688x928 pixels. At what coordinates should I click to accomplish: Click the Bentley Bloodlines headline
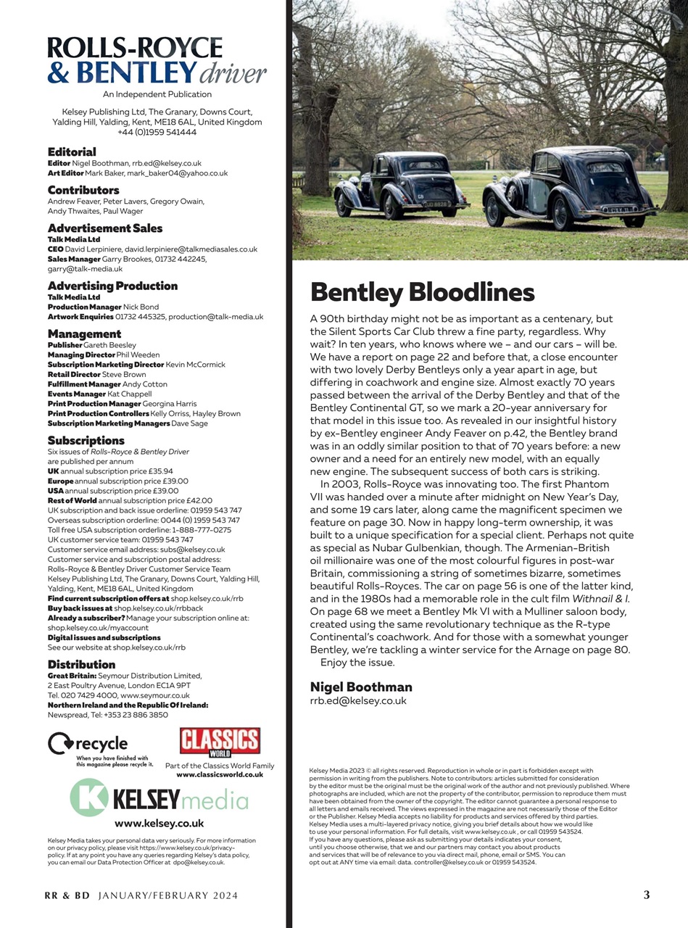pyautogui.click(x=422, y=292)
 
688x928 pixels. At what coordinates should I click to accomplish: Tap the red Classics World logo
pyautogui.click(x=220, y=743)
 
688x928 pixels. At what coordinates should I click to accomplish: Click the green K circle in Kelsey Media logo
pyautogui.click(x=88, y=797)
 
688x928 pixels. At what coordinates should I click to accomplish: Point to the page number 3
pyautogui.click(x=646, y=895)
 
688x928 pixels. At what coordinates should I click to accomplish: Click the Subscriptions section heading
pyautogui.click(x=86, y=440)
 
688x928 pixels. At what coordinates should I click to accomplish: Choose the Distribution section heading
pyautogui.click(x=81, y=664)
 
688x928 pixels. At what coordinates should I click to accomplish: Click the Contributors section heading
pyautogui.click(x=83, y=190)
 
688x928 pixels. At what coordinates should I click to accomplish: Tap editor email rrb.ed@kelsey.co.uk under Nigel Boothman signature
pyautogui.click(x=358, y=701)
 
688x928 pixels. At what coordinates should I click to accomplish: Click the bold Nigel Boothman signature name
pyautogui.click(x=361, y=687)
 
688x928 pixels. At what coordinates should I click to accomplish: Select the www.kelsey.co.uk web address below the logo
pyautogui.click(x=159, y=824)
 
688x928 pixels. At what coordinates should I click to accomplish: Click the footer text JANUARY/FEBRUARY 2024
pyautogui.click(x=167, y=895)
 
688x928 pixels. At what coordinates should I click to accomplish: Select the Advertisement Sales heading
pyautogui.click(x=105, y=228)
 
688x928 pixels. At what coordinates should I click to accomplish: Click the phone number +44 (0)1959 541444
pyautogui.click(x=157, y=132)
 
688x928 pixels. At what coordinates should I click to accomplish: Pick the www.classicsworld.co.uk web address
pyautogui.click(x=220, y=774)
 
